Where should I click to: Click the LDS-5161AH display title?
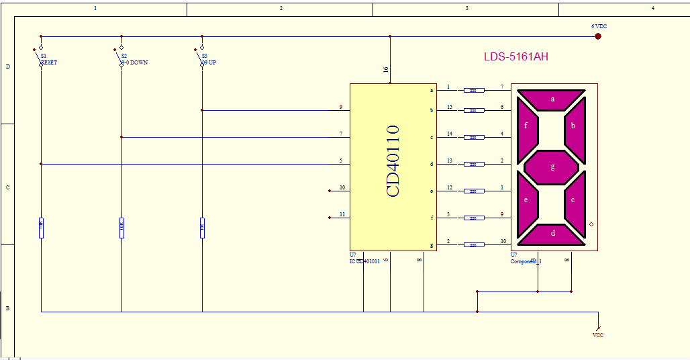click(515, 56)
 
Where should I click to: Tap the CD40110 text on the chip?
click(393, 161)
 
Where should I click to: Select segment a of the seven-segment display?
click(552, 99)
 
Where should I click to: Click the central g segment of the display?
click(552, 167)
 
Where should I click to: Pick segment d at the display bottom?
click(552, 234)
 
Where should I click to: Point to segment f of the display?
click(526, 126)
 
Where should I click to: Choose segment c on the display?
click(573, 199)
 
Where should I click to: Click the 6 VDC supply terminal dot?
click(597, 36)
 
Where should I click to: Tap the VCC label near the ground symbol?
click(597, 334)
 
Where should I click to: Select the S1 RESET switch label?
click(48, 59)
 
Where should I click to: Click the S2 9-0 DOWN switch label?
click(133, 59)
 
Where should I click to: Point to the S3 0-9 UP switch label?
click(209, 59)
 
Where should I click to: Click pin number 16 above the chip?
click(385, 70)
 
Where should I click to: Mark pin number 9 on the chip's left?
click(341, 107)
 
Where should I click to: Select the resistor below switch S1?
click(41, 228)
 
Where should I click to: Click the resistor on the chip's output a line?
click(474, 90)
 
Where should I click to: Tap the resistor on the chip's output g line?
click(474, 244)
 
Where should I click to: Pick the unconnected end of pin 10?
click(330, 191)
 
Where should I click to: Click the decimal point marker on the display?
click(591, 224)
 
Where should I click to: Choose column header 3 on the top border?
click(466, 8)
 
